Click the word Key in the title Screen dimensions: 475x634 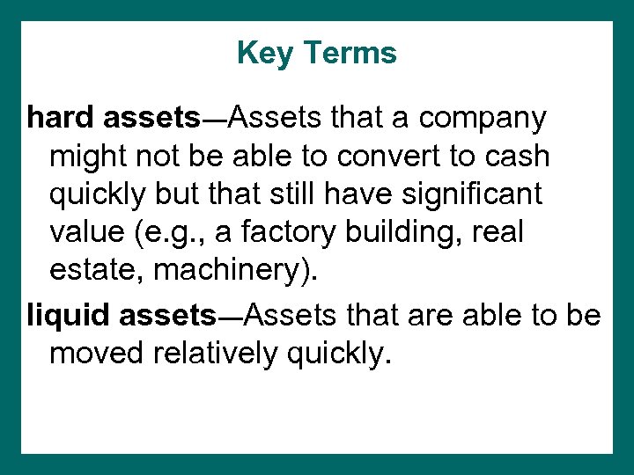[x=264, y=54]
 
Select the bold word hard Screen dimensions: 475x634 [x=61, y=117]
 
